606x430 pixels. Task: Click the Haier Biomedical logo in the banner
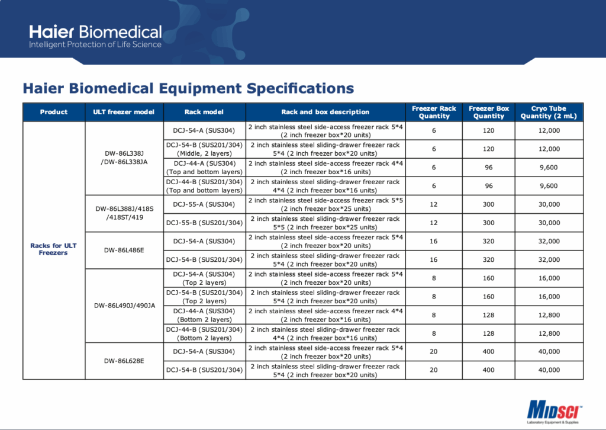click(x=95, y=32)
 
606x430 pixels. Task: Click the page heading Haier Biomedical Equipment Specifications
click(x=188, y=89)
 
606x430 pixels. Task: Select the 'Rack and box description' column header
click(x=325, y=112)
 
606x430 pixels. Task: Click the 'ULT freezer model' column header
click(x=124, y=112)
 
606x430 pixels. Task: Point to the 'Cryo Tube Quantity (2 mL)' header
click(x=549, y=112)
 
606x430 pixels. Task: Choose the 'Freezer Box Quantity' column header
click(x=489, y=112)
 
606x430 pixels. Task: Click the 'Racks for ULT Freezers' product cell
click(x=54, y=249)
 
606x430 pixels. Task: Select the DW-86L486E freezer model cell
click(x=124, y=250)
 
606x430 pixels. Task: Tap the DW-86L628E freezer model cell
click(x=124, y=361)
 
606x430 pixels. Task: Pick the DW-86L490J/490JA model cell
click(x=124, y=306)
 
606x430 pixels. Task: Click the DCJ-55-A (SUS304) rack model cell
click(x=204, y=204)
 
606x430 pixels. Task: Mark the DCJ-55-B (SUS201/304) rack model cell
click(x=204, y=223)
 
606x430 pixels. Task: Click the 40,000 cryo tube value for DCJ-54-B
click(x=549, y=370)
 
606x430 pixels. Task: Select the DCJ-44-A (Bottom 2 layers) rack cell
click(x=204, y=315)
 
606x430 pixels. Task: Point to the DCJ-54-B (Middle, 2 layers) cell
click(x=204, y=149)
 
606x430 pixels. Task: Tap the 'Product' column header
click(x=54, y=112)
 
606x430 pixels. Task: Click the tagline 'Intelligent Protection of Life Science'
click(x=95, y=45)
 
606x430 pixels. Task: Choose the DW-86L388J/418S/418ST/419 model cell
click(x=124, y=213)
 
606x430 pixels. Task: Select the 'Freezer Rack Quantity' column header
click(x=434, y=112)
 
